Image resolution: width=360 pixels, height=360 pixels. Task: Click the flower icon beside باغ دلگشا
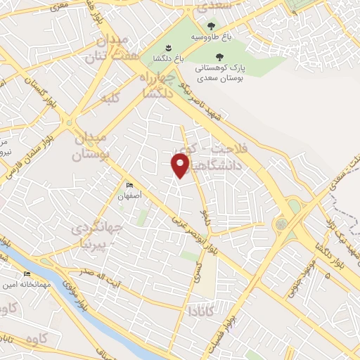point(168,48)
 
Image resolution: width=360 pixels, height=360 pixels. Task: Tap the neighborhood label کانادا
point(192,309)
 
